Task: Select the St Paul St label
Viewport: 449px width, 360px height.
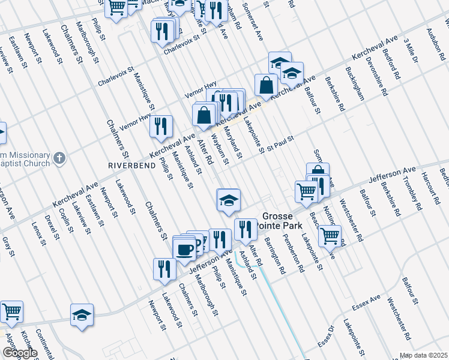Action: tap(280, 143)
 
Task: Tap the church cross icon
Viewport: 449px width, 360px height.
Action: tap(58, 158)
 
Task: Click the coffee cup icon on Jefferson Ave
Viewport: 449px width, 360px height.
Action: tap(185, 248)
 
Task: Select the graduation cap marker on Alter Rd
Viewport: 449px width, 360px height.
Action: tap(228, 199)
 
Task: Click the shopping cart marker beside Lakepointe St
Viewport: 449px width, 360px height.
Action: tap(330, 236)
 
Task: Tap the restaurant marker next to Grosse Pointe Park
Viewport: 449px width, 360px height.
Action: tap(245, 229)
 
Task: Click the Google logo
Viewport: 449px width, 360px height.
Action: tap(19, 353)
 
